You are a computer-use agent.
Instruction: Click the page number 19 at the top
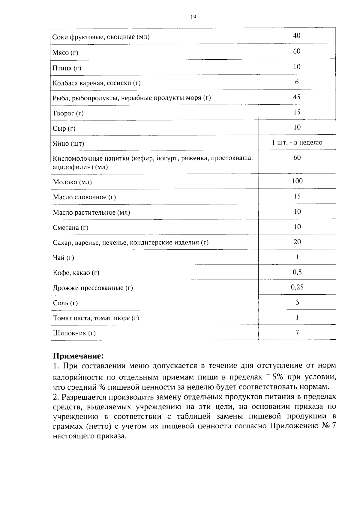[x=193, y=17]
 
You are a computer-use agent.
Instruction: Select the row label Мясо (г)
[x=65, y=53]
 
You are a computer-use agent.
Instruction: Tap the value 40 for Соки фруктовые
[x=297, y=36]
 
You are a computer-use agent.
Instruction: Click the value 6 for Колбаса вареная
[x=297, y=82]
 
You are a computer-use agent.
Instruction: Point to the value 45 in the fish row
[x=297, y=97]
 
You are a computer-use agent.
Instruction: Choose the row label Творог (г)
[x=68, y=113]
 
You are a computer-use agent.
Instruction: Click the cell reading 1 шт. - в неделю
[x=297, y=142]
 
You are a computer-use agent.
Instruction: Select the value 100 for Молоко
[x=297, y=181]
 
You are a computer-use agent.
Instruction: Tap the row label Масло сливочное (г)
[x=84, y=197]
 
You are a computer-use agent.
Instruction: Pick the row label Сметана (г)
[x=70, y=228]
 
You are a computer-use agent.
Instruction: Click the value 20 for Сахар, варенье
[x=297, y=242]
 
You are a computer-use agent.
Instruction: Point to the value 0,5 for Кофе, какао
[x=297, y=272]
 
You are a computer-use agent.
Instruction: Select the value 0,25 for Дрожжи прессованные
[x=297, y=287]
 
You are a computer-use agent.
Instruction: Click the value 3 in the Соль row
[x=297, y=302]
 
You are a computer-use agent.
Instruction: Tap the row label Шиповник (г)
[x=74, y=333]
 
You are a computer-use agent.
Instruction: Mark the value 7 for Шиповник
[x=297, y=332]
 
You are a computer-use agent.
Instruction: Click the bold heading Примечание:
[x=78, y=356]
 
